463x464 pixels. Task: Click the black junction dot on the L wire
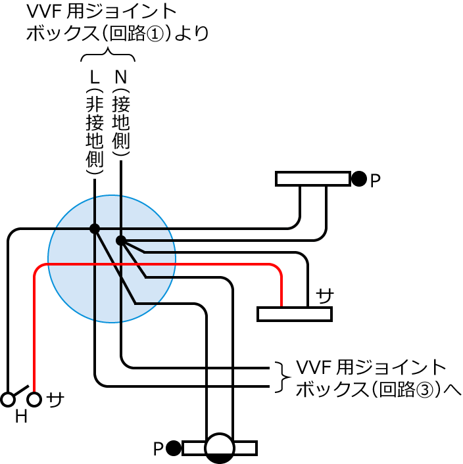tap(95, 229)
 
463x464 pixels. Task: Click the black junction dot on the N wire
tap(121, 241)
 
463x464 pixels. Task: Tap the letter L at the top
tap(95, 78)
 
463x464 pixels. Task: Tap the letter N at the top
tap(121, 78)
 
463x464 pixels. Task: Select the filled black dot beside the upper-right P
tap(358, 178)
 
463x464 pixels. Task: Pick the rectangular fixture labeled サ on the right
tap(294, 314)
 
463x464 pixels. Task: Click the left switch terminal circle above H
tap(8, 400)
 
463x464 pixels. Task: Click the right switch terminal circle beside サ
tap(34, 400)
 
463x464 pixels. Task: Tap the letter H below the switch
tap(21, 417)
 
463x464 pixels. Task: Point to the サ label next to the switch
tap(55, 399)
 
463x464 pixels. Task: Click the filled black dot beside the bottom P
tap(173, 448)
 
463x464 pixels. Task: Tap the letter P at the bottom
tap(158, 450)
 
